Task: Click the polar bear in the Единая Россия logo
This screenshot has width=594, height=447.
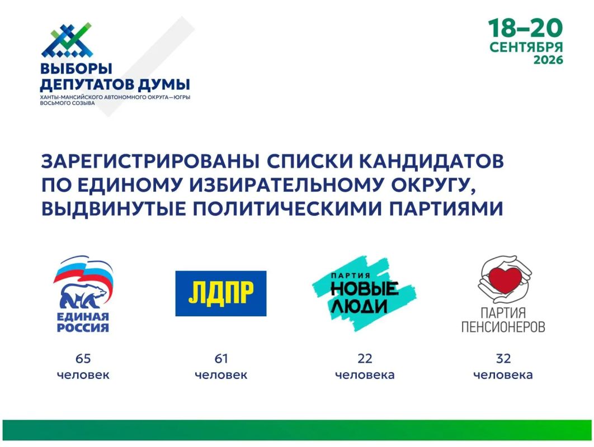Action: pos(83,296)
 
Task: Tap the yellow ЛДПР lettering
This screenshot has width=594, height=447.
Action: pos(221,293)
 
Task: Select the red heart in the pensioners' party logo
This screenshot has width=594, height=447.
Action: pos(505,280)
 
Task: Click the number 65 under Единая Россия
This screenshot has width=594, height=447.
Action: pos(83,358)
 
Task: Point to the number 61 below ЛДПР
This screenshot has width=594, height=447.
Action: pos(221,358)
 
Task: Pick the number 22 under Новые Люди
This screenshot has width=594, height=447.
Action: pos(365,358)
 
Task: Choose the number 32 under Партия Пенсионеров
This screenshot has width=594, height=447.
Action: pos(503,358)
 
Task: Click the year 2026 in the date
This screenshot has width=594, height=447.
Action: pos(548,60)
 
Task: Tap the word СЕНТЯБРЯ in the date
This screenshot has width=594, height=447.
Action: pos(526,47)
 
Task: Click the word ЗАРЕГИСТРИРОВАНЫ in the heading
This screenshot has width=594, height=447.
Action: pos(150,161)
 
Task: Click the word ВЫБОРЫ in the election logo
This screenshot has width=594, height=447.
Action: pos(76,69)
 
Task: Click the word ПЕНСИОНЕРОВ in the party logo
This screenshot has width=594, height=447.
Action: pos(503,327)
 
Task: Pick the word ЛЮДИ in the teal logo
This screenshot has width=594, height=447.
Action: pos(359,306)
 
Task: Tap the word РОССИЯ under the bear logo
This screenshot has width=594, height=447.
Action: pos(83,327)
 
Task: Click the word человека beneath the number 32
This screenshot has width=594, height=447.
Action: pos(503,375)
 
